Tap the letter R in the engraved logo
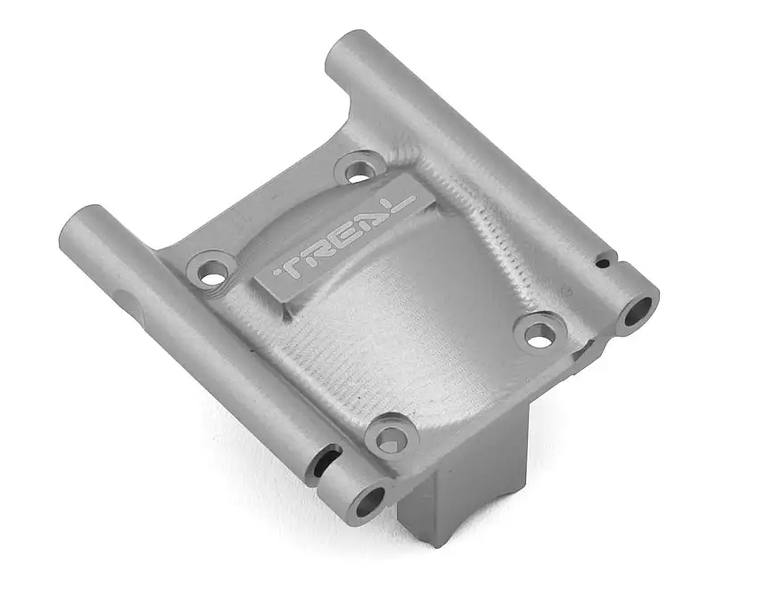point(317,254)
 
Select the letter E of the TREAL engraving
point(342,237)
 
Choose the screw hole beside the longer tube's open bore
point(538,333)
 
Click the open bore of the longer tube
point(637,312)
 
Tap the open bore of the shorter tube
point(366,503)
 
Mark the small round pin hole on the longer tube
point(603,264)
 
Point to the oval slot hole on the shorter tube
point(325,459)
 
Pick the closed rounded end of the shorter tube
point(78,223)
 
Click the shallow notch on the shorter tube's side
point(134,303)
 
